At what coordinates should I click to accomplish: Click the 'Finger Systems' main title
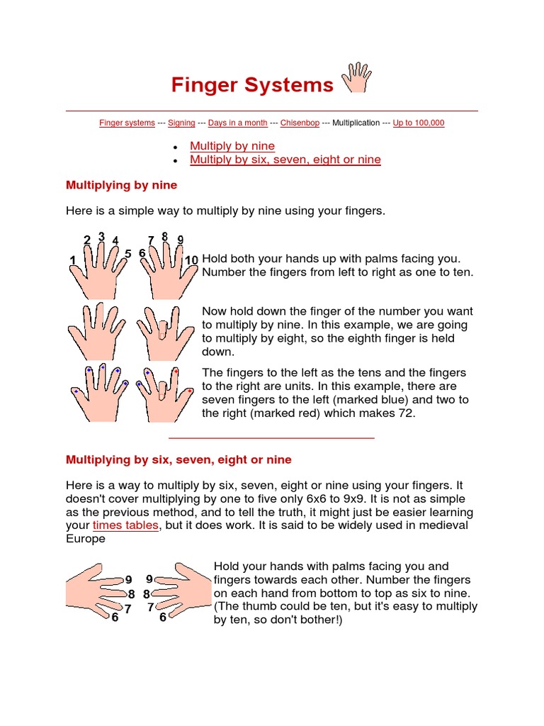point(251,85)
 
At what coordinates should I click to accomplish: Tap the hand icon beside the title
point(356,77)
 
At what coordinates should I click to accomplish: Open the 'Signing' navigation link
point(181,123)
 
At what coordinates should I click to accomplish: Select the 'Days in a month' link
point(237,123)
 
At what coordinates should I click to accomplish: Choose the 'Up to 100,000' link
point(419,123)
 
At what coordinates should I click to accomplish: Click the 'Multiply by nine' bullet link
point(232,146)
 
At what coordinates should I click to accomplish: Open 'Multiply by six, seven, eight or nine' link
point(285,160)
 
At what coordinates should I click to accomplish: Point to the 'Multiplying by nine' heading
point(121,185)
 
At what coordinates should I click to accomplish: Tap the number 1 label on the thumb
point(72,261)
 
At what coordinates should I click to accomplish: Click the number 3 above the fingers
point(101,236)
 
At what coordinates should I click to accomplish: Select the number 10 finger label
point(191,260)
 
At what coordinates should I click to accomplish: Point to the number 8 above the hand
point(164,236)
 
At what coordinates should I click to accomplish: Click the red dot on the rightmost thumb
point(191,391)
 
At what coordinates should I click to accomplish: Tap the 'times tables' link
point(125,525)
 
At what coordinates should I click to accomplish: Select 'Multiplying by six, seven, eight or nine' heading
point(178,459)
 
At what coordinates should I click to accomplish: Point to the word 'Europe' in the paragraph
point(86,539)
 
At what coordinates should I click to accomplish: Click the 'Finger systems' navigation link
point(127,123)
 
